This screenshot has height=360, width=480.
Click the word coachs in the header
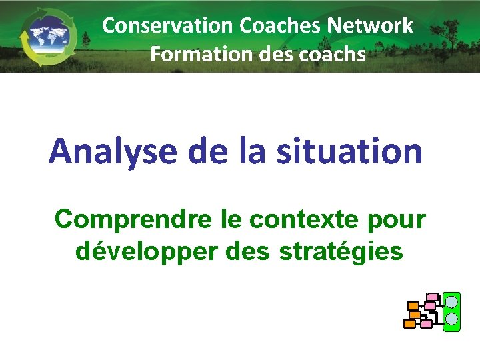333,53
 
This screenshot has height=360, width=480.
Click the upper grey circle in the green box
452,302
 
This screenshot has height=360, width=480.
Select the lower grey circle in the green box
452,319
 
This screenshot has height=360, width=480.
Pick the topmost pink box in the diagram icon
433,297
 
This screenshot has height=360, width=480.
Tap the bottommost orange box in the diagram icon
409,324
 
